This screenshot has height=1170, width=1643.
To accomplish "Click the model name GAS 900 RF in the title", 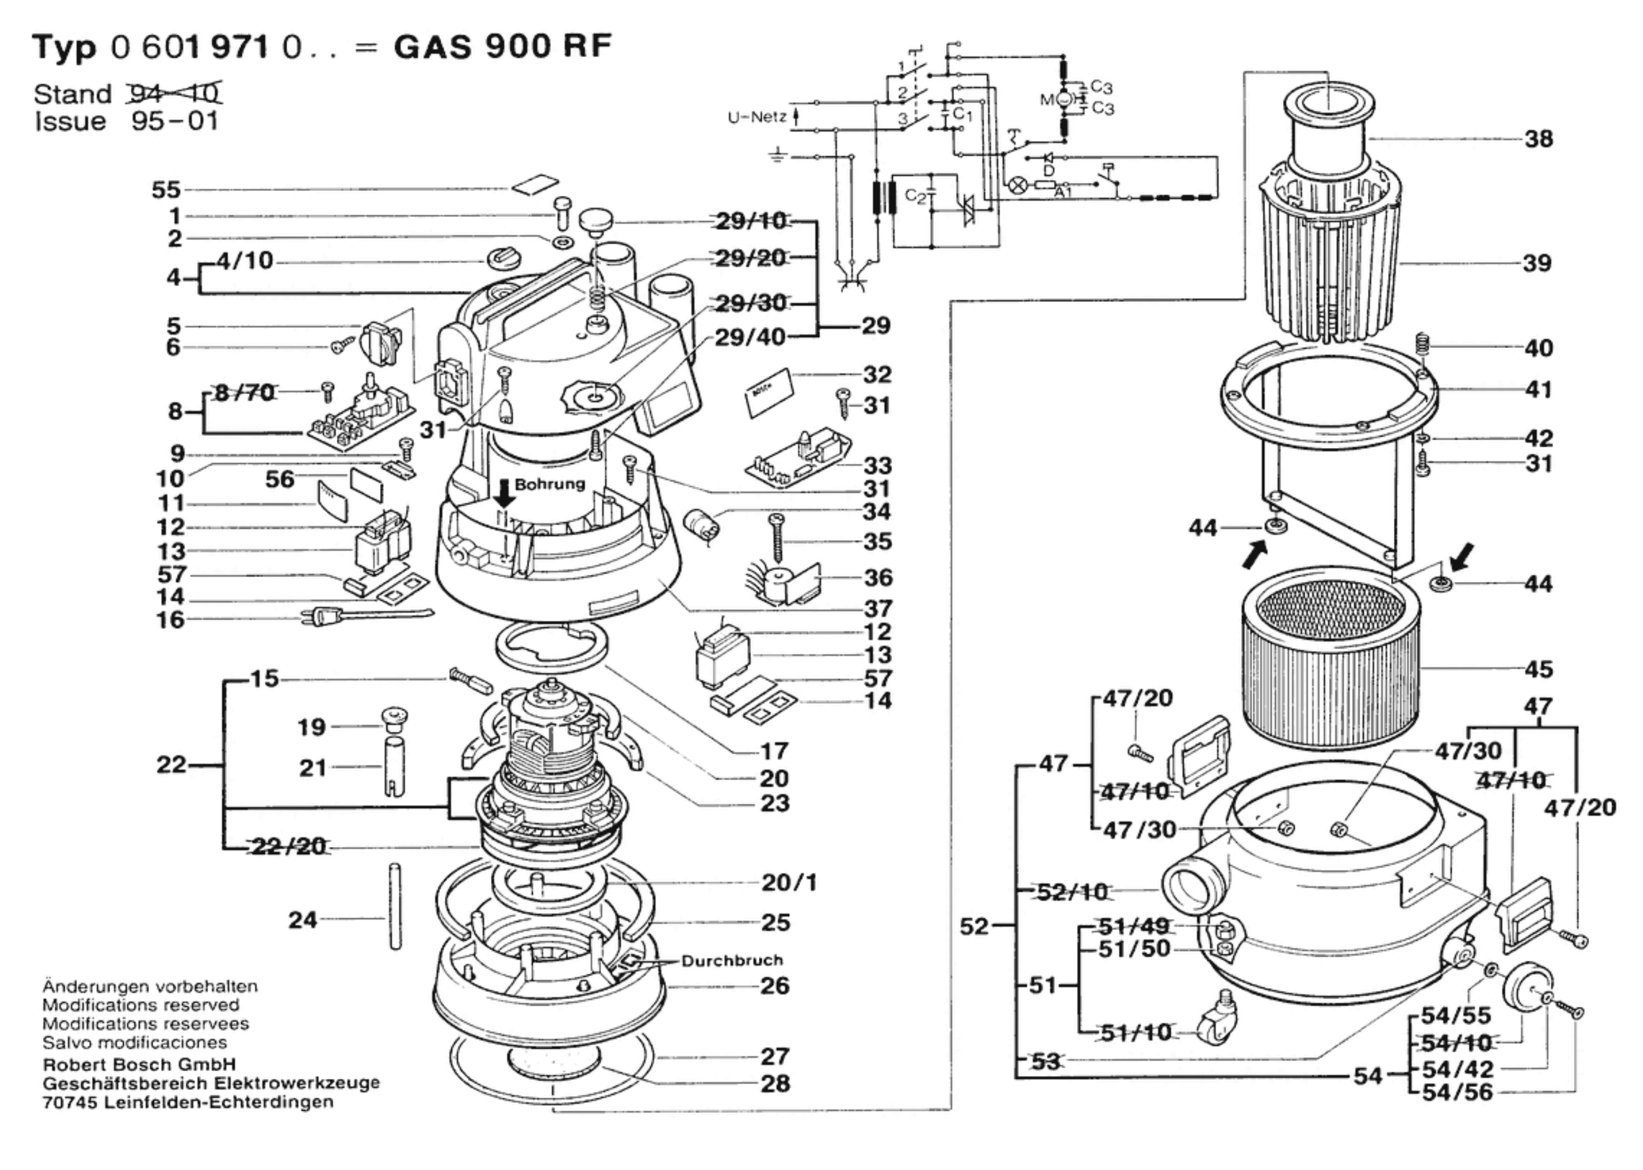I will pos(502,47).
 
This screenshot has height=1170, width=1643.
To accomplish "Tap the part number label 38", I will pos(1538,139).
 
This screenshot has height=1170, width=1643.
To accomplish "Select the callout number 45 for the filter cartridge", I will pos(1538,669).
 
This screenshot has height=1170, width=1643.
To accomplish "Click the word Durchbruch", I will pos(732,960).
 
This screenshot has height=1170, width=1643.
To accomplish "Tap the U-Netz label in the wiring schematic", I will pos(756,118).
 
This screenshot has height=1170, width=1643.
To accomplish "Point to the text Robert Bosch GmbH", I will pos(139,1064).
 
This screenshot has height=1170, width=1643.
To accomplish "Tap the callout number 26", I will pos(775,986).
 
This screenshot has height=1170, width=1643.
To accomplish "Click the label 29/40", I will pos(750,337).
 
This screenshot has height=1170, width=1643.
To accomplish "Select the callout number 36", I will pos(878,578).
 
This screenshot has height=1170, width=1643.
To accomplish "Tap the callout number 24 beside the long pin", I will pos(302,920).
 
